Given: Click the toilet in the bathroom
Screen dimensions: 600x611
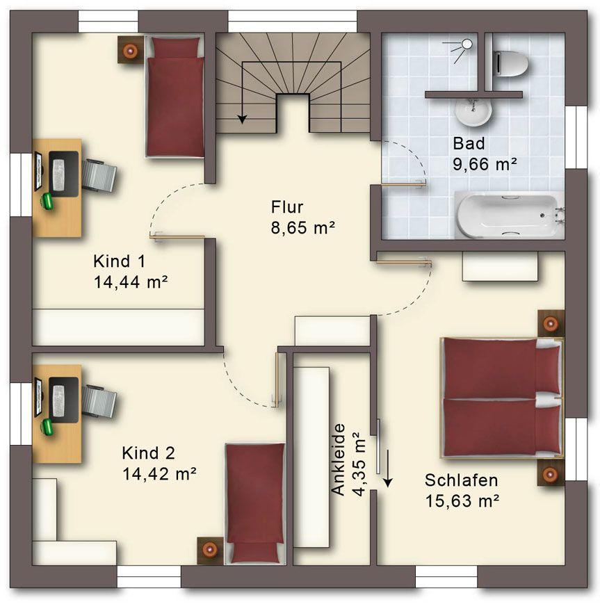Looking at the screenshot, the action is (x=511, y=64).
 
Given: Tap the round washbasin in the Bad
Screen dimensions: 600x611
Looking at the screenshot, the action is (x=473, y=111).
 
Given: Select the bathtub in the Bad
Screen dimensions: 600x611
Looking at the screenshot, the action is (x=509, y=215).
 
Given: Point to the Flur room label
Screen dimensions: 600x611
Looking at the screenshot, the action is (x=287, y=207).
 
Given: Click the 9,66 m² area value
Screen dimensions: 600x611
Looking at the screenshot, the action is (x=485, y=164).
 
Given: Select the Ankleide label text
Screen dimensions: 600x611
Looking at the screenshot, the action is (x=339, y=459).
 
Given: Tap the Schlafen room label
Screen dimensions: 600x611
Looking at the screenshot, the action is (x=461, y=480).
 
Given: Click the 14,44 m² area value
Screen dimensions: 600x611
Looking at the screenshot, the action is (x=131, y=282).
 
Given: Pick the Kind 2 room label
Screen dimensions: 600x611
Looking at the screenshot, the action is (x=148, y=453).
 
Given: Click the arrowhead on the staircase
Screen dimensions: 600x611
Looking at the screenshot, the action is (x=243, y=119).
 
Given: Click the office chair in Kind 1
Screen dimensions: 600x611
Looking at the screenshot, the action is (x=99, y=175).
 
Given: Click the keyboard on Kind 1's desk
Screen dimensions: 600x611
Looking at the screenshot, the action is (x=58, y=174).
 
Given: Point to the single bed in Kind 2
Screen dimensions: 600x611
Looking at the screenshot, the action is (x=255, y=503).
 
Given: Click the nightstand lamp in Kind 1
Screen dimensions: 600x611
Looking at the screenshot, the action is (x=130, y=49).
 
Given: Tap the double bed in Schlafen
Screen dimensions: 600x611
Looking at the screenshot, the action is (x=502, y=398).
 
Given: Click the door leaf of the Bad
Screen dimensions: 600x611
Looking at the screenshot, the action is (x=403, y=184).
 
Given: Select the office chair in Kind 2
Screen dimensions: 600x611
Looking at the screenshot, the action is (x=99, y=402).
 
